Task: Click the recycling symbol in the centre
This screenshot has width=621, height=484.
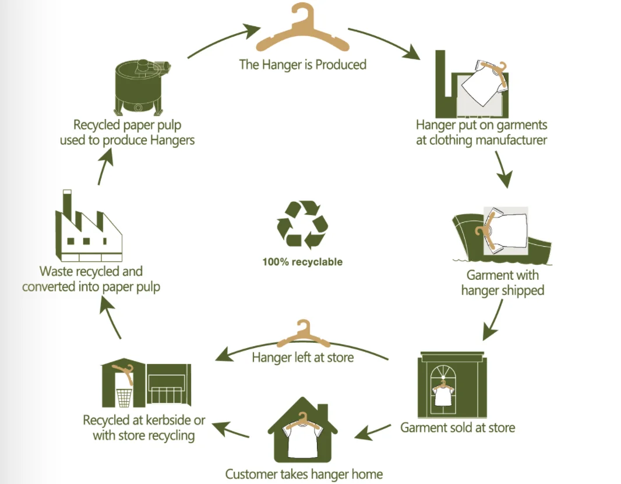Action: (x=302, y=225)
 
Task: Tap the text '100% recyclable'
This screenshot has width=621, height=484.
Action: (x=302, y=262)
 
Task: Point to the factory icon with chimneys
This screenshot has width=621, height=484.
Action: (x=89, y=229)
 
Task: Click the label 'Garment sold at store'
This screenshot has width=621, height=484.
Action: (x=457, y=427)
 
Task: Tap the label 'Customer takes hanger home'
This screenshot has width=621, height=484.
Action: (x=304, y=474)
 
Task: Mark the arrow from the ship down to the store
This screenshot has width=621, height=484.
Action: (x=493, y=320)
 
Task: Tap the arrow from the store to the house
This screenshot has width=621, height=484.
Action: (x=373, y=432)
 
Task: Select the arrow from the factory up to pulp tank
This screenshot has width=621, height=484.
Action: (x=105, y=164)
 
